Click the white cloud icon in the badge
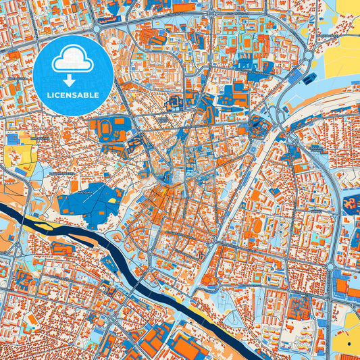pyautogui.click(x=72, y=59)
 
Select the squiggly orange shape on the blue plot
pyautogui.click(x=349, y=203)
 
